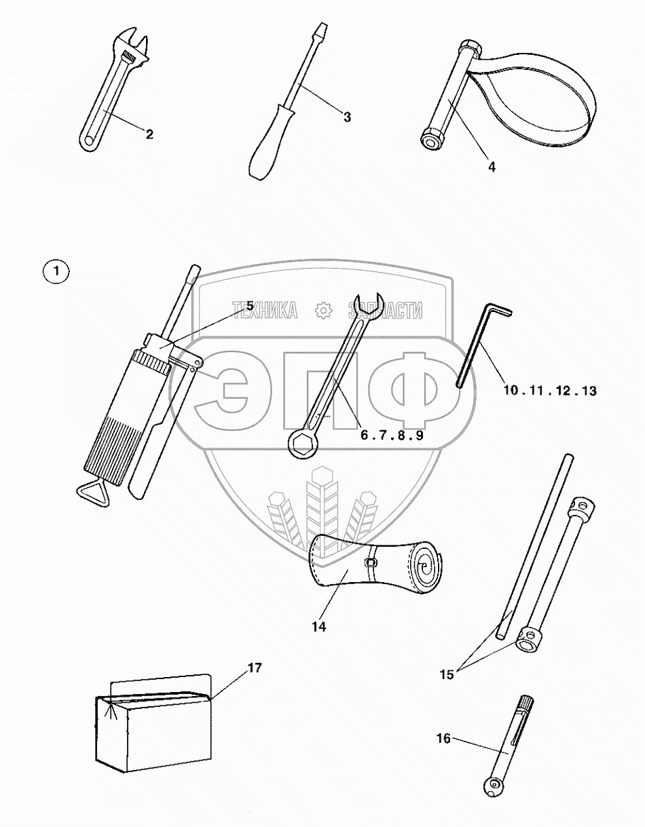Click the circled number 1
(x=56, y=272)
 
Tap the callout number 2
(x=149, y=134)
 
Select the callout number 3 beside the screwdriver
(x=346, y=117)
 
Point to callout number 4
(x=491, y=167)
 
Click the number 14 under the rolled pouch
(x=318, y=627)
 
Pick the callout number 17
(x=254, y=668)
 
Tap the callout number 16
(x=443, y=739)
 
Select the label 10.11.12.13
(x=550, y=391)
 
